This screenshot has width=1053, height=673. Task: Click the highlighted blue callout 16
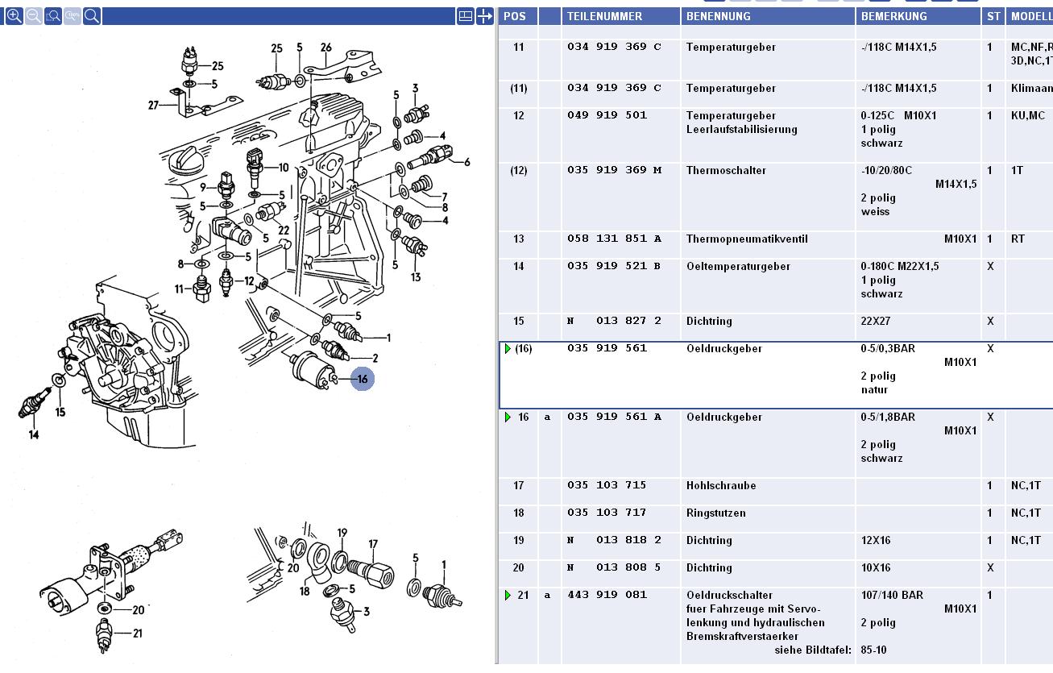pyautogui.click(x=363, y=379)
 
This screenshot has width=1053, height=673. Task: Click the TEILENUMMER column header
pyautogui.click(x=604, y=16)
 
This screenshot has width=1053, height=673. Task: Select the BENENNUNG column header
pyautogui.click(x=718, y=16)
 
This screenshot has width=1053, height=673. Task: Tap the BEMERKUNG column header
pyautogui.click(x=893, y=16)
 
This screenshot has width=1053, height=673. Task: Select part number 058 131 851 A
pyautogui.click(x=614, y=239)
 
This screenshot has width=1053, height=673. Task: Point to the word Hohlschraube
pyautogui.click(x=720, y=486)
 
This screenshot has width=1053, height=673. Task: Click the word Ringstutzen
pyautogui.click(x=715, y=513)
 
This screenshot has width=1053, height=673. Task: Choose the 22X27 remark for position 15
pyautogui.click(x=877, y=322)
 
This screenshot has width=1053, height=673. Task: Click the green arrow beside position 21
pyautogui.click(x=508, y=596)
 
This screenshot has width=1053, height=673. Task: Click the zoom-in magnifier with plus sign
pyautogui.click(x=14, y=15)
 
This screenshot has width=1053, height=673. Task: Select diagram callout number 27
pyautogui.click(x=154, y=104)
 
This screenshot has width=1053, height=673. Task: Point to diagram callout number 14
pyautogui.click(x=33, y=435)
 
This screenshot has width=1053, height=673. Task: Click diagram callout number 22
pyautogui.click(x=284, y=230)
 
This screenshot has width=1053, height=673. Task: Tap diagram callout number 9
pyautogui.click(x=204, y=188)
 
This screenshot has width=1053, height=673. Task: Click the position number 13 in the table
pyautogui.click(x=518, y=239)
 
